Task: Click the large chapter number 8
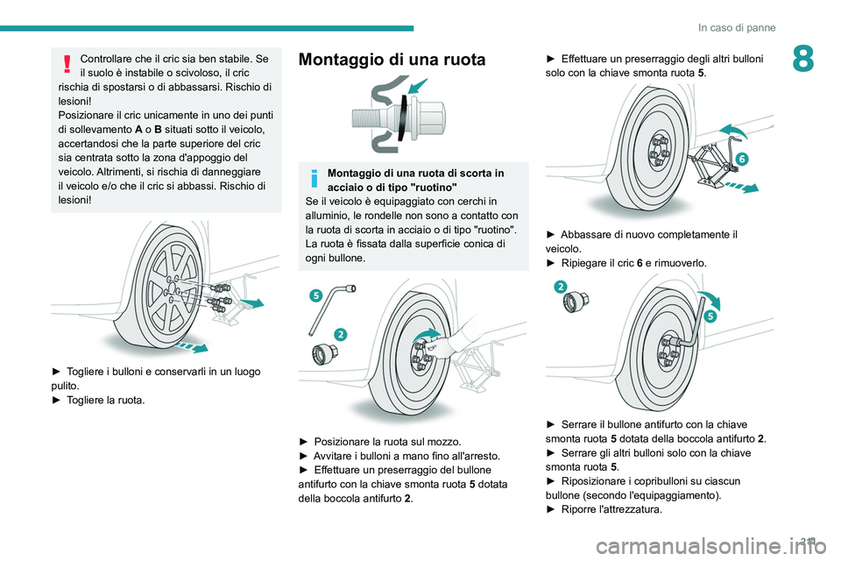pyautogui.click(x=803, y=59)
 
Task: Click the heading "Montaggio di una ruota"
pyautogui.click(x=392, y=59)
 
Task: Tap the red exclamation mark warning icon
pyautogui.click(x=67, y=63)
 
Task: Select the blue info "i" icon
pyautogui.click(x=314, y=178)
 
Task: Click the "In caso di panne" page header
pyautogui.click(x=737, y=27)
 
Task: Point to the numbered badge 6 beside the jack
pyautogui.click(x=742, y=159)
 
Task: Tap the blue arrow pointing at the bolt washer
pyautogui.click(x=419, y=86)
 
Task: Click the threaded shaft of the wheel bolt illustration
pyautogui.click(x=370, y=117)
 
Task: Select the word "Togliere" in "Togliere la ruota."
pyautogui.click(x=85, y=400)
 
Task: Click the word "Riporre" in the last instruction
pyautogui.click(x=578, y=509)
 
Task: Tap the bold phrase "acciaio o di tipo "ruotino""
pyautogui.click(x=392, y=188)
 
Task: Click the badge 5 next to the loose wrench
pyautogui.click(x=316, y=295)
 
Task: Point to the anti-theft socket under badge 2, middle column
pyautogui.click(x=325, y=354)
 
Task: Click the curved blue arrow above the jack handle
pyautogui.click(x=732, y=131)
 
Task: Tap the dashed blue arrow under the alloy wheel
pyautogui.click(x=192, y=345)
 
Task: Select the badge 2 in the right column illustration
pyautogui.click(x=561, y=287)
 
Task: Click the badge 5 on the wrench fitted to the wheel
pyautogui.click(x=710, y=316)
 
